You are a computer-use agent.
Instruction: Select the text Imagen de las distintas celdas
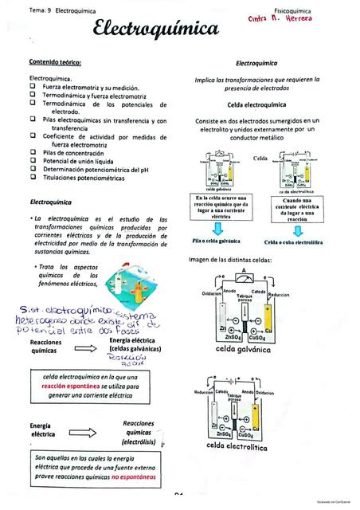(231, 261)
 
